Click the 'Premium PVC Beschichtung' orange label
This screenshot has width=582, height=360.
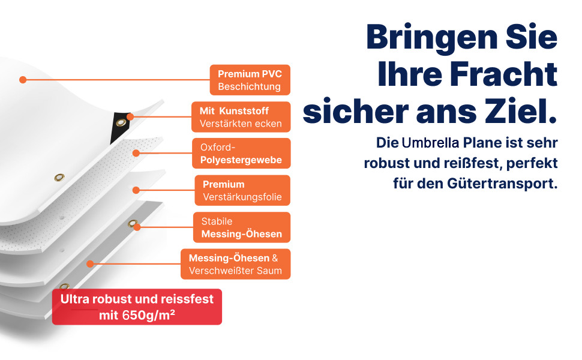[x=250, y=80]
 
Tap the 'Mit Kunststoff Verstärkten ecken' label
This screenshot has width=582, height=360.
[x=241, y=117]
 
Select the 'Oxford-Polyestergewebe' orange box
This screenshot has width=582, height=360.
[x=241, y=153]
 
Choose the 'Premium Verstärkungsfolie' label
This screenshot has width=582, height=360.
[x=242, y=190]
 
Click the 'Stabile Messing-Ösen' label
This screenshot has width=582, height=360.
[x=242, y=227]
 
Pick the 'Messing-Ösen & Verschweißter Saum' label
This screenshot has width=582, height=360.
[x=236, y=264]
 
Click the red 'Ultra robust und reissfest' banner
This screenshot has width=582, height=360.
[x=137, y=307]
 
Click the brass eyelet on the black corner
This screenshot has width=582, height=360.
[x=121, y=122]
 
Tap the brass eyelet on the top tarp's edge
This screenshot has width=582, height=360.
[x=59, y=178]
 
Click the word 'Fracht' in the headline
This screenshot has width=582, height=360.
[x=503, y=74]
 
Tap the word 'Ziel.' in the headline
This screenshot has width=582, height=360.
[x=522, y=111]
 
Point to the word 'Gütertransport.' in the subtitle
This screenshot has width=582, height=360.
[x=502, y=184]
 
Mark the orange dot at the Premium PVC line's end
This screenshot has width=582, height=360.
[x=23, y=80]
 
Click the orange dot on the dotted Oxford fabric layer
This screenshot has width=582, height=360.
[x=136, y=153]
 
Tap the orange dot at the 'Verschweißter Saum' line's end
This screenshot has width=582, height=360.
[x=90, y=264]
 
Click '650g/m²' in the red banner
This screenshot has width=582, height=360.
[x=148, y=315]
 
